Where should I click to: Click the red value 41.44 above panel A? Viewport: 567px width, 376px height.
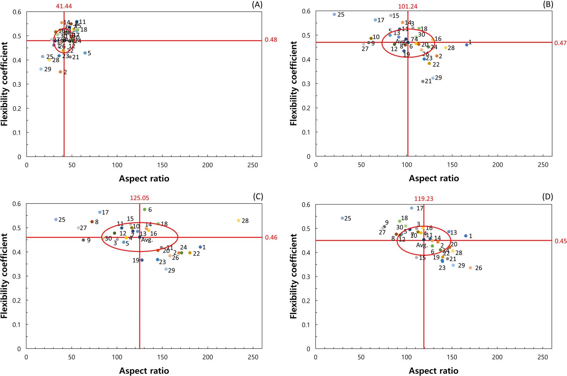[64, 6]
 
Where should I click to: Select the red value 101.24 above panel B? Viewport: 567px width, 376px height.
[408, 6]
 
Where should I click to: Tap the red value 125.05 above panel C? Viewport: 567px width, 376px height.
[139, 198]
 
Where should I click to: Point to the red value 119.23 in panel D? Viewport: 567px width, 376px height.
[424, 199]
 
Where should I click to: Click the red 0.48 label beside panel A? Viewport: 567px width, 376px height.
[271, 40]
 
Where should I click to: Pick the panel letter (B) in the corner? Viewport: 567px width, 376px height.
[547, 5]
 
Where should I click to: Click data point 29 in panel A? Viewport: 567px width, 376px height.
[41, 69]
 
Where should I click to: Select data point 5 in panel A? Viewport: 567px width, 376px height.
[85, 53]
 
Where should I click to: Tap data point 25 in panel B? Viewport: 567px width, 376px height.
[334, 14]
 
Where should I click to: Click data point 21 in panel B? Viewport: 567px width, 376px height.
[423, 81]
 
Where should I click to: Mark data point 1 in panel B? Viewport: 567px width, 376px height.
[466, 45]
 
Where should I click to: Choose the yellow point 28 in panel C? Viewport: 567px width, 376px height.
[239, 220]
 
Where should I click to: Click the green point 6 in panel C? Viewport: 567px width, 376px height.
[144, 210]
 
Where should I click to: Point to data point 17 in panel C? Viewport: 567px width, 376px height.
[100, 212]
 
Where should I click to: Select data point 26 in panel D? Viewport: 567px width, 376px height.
[470, 268]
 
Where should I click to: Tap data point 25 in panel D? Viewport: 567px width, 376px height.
[342, 218]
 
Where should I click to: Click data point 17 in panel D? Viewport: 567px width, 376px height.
[412, 208]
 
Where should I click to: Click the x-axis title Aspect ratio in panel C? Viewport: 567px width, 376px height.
[144, 371]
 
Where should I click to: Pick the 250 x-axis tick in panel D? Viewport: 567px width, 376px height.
[543, 357]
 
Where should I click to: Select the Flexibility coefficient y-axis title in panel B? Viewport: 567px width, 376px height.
[293, 84]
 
